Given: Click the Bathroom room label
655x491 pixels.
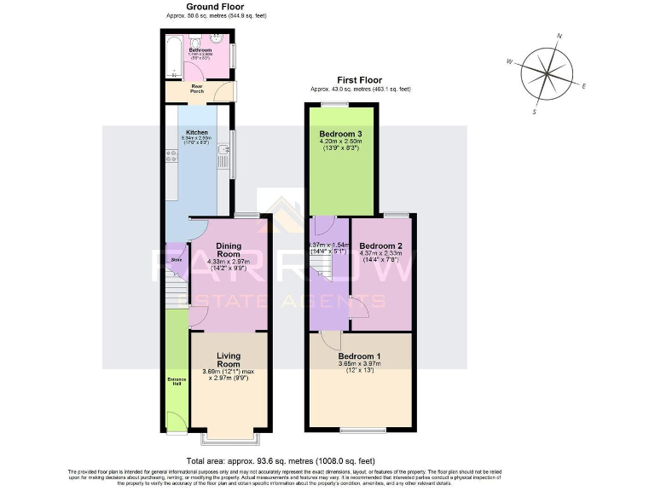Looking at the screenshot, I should (x=200, y=50).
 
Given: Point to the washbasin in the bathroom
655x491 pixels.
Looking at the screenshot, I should (x=217, y=38).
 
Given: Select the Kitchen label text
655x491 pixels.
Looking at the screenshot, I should (x=197, y=133).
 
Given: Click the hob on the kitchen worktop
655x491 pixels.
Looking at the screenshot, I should (x=171, y=157).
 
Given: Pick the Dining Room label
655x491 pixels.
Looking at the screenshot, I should (x=228, y=250).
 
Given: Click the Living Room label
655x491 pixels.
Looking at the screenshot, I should (x=229, y=359).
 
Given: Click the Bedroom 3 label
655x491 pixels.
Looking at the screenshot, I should (x=340, y=135).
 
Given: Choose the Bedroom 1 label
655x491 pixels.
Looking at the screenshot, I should (x=359, y=355).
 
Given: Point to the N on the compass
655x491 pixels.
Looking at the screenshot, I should (x=559, y=37).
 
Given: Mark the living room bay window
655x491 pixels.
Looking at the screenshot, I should (x=229, y=438).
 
